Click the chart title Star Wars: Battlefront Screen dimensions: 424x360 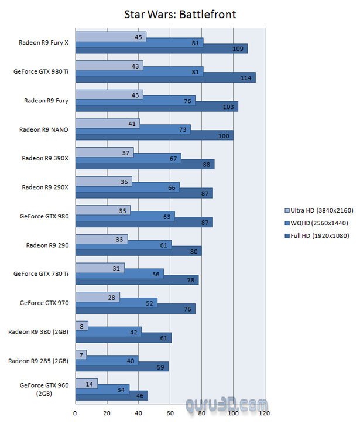180,14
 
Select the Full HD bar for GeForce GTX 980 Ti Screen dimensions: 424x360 165,77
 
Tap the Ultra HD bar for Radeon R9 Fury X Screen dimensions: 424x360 110,37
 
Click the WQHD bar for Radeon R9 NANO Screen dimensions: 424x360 132,129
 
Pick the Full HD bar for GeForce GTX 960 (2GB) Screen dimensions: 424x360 111,395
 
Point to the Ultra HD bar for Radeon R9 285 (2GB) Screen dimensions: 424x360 81,354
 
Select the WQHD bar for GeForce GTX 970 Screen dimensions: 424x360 116,303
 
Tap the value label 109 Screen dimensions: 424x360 238,49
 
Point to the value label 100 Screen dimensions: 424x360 224,135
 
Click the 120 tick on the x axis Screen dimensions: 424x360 265,413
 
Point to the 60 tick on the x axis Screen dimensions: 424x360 170,413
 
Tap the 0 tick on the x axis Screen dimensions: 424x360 75,413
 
